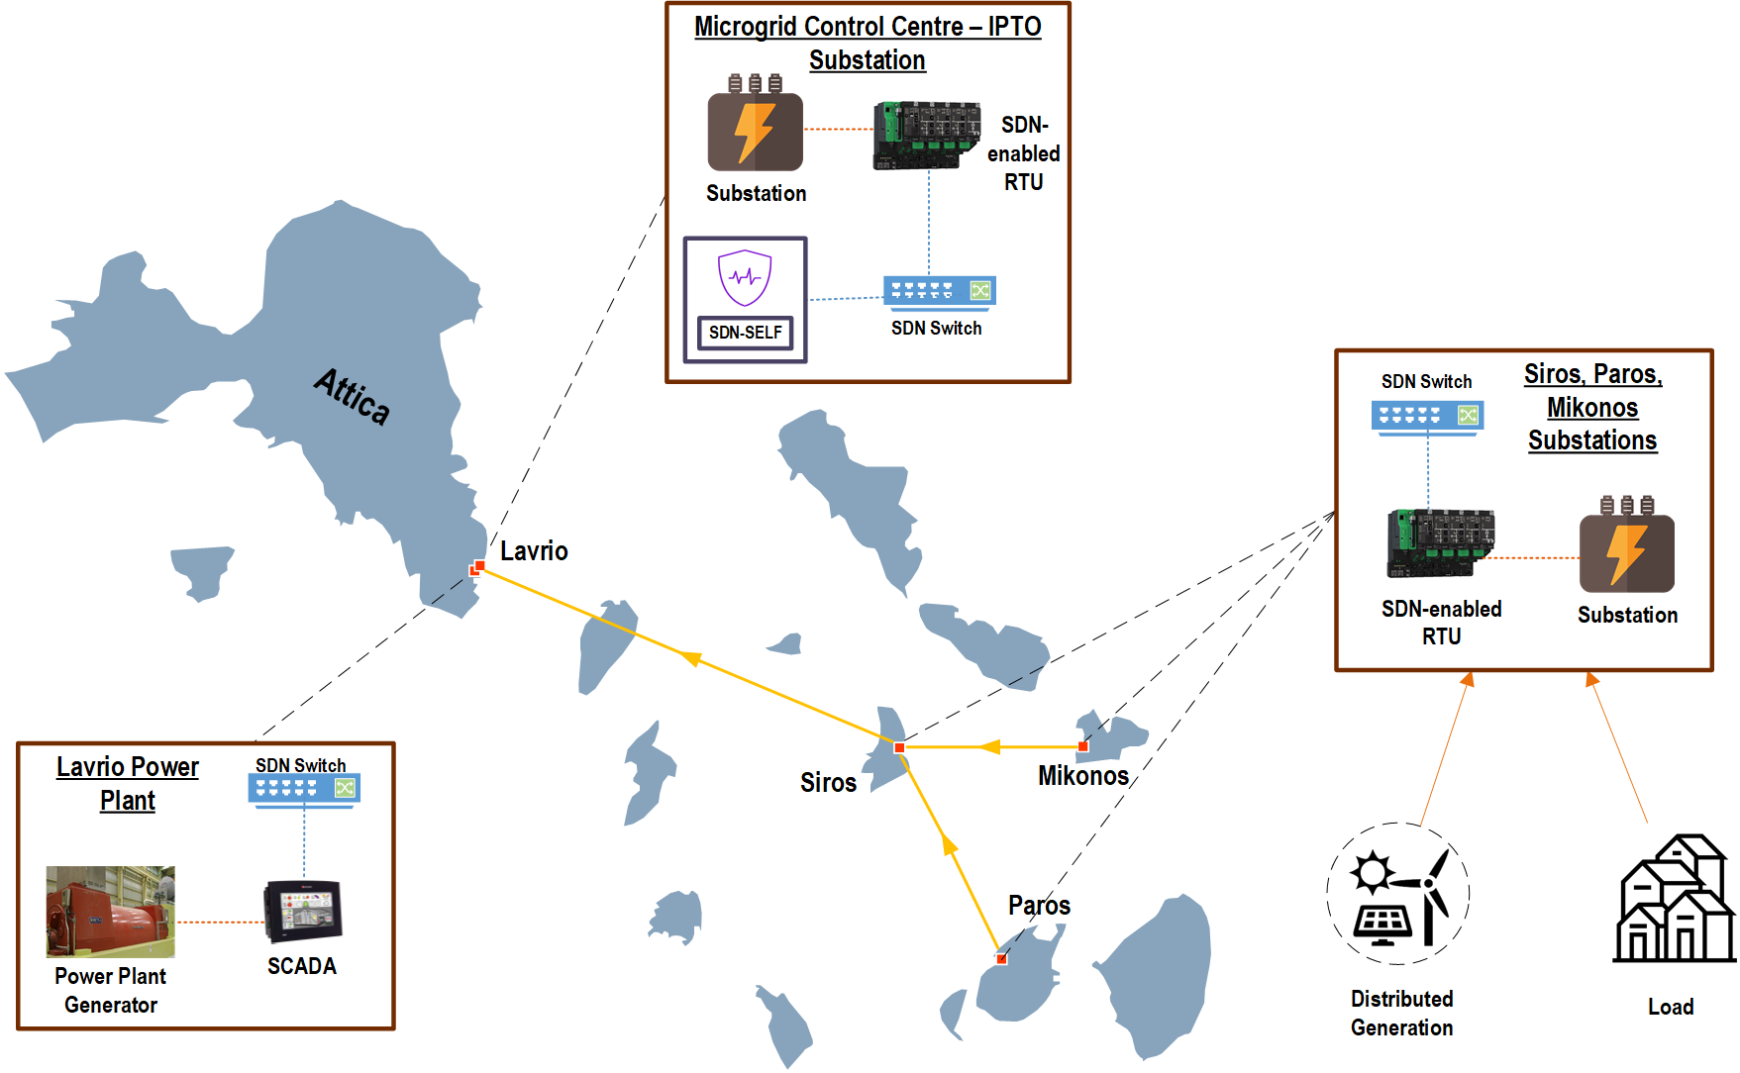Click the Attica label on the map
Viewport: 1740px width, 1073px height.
(x=353, y=396)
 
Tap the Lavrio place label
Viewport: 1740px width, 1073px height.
(x=534, y=551)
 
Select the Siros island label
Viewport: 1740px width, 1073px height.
(x=828, y=783)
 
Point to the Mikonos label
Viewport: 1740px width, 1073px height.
(x=1083, y=776)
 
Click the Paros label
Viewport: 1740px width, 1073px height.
(x=1039, y=905)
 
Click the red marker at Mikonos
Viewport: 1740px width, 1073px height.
(x=1082, y=746)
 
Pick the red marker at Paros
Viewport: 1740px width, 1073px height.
(x=1001, y=958)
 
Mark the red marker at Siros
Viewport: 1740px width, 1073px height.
(x=899, y=747)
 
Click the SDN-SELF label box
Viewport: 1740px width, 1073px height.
(x=746, y=333)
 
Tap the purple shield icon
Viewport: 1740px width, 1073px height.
(x=745, y=277)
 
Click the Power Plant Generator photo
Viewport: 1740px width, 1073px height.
(x=111, y=912)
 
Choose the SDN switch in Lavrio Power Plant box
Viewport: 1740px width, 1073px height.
(x=304, y=789)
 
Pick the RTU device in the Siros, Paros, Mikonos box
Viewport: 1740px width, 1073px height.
(x=1441, y=542)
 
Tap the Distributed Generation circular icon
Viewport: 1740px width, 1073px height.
(x=1398, y=894)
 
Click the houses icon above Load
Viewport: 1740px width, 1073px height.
(x=1676, y=900)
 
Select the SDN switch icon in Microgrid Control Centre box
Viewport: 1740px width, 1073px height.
(x=939, y=291)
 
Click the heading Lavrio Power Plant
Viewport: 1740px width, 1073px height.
(x=128, y=783)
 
